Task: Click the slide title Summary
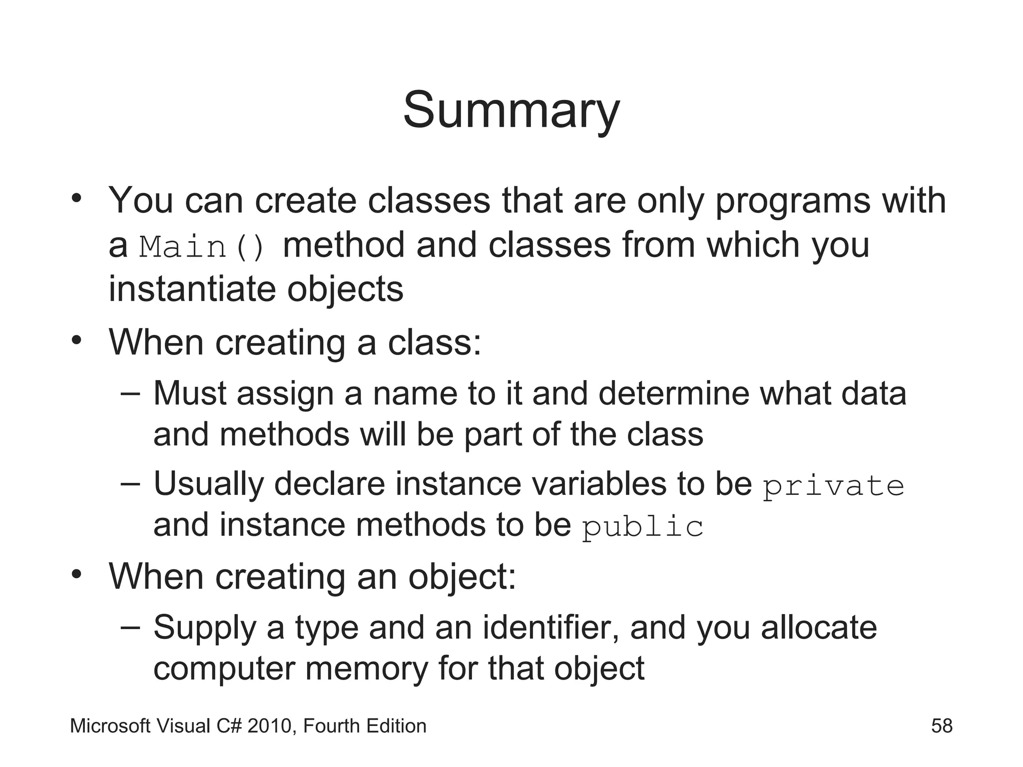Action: pos(511,111)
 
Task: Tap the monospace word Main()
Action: pos(202,247)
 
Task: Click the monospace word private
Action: pos(834,486)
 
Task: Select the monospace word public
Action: pos(643,527)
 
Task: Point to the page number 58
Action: pos(942,726)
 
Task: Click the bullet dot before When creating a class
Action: pos(76,341)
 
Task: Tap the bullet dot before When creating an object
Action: pos(76,575)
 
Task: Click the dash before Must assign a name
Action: pos(130,393)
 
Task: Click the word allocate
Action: pos(819,627)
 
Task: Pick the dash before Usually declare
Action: pos(130,484)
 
